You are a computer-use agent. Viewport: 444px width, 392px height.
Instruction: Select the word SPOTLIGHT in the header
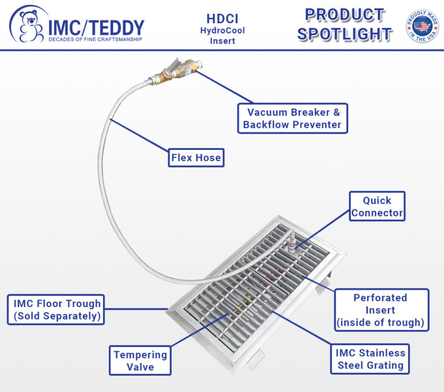(345, 34)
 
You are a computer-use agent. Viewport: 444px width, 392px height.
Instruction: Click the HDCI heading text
(223, 18)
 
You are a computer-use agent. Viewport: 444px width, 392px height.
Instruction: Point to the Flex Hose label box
(196, 157)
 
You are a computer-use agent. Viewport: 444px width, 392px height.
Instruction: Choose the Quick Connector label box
(377, 206)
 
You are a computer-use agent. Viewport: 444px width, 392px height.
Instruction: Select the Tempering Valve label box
(140, 361)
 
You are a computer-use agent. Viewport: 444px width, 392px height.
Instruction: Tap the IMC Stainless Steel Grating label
(371, 358)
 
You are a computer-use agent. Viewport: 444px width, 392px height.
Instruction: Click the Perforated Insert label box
(380, 310)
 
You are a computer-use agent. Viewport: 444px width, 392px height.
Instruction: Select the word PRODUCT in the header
(345, 14)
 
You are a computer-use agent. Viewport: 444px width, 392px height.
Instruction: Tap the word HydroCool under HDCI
(222, 30)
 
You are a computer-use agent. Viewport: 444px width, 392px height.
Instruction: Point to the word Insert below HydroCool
(222, 41)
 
